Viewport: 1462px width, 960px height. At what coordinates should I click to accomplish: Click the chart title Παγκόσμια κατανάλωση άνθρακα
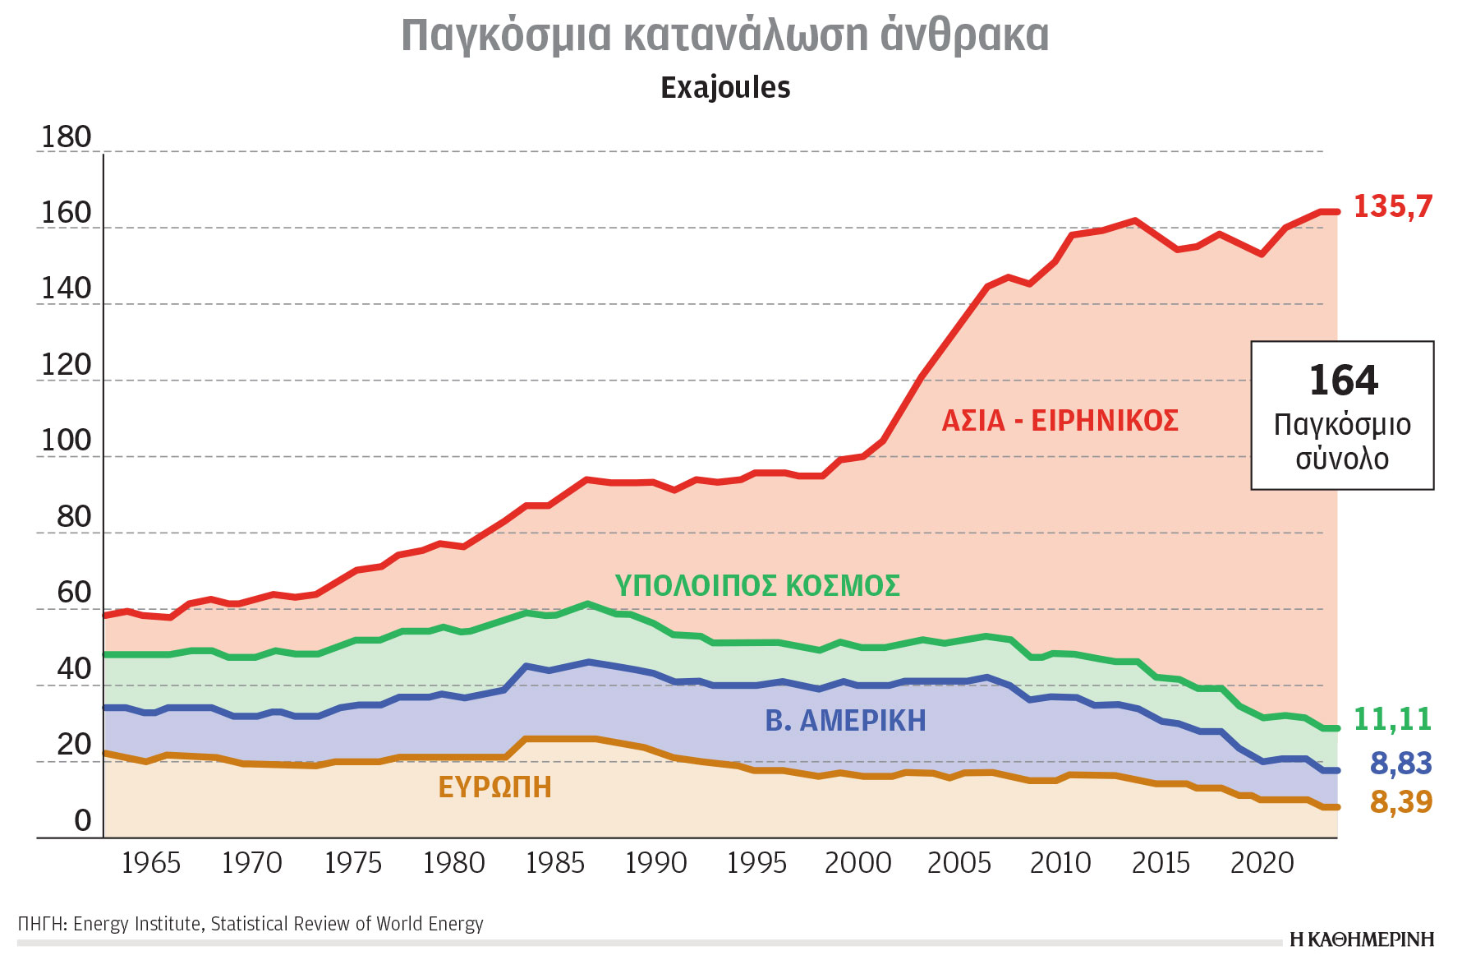click(x=724, y=35)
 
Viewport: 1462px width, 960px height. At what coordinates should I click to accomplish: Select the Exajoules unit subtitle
click(x=725, y=88)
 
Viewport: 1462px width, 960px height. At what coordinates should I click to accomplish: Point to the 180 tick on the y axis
click(x=66, y=137)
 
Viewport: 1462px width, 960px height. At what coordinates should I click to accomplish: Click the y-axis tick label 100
click(x=66, y=441)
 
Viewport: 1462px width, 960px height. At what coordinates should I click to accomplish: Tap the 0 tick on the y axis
click(x=82, y=821)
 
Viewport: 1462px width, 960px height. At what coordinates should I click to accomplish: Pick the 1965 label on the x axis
click(x=150, y=863)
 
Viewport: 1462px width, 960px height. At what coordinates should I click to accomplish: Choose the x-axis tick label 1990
click(x=655, y=863)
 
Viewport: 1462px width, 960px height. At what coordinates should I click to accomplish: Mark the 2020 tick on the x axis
click(x=1262, y=863)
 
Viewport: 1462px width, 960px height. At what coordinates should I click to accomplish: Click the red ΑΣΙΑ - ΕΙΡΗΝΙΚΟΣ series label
click(x=1060, y=421)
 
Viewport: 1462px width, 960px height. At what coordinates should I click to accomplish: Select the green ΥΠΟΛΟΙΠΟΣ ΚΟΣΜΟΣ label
click(x=757, y=586)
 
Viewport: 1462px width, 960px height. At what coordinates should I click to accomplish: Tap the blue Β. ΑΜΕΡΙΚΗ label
click(x=845, y=721)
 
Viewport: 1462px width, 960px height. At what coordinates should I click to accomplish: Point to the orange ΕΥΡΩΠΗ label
click(x=494, y=787)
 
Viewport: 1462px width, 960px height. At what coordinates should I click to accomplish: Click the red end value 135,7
click(x=1392, y=206)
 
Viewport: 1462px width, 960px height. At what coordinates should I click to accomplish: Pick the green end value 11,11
click(x=1392, y=719)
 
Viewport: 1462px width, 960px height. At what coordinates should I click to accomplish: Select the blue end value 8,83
click(x=1400, y=764)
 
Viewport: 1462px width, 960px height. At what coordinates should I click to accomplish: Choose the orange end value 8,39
click(x=1400, y=801)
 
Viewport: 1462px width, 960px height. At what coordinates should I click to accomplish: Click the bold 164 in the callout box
click(x=1343, y=381)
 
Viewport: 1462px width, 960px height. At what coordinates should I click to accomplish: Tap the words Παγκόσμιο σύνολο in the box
click(x=1342, y=441)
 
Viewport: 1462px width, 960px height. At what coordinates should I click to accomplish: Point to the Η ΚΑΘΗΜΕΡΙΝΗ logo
click(x=1361, y=939)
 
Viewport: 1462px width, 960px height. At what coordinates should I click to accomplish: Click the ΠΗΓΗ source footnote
click(x=251, y=924)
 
